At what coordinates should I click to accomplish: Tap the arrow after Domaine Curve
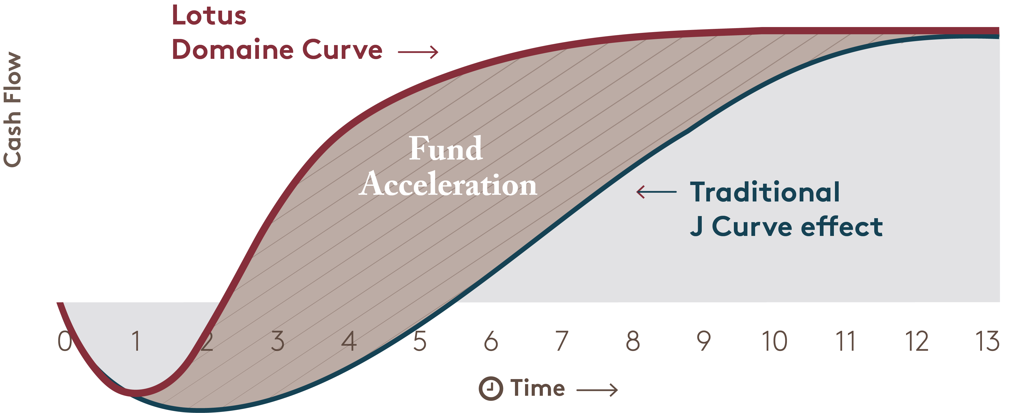coord(418,52)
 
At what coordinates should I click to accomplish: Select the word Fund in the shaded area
coord(446,148)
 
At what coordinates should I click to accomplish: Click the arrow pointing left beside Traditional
coord(656,192)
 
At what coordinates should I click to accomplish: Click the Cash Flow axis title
coord(12,109)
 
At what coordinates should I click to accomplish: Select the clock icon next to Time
coord(491,389)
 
